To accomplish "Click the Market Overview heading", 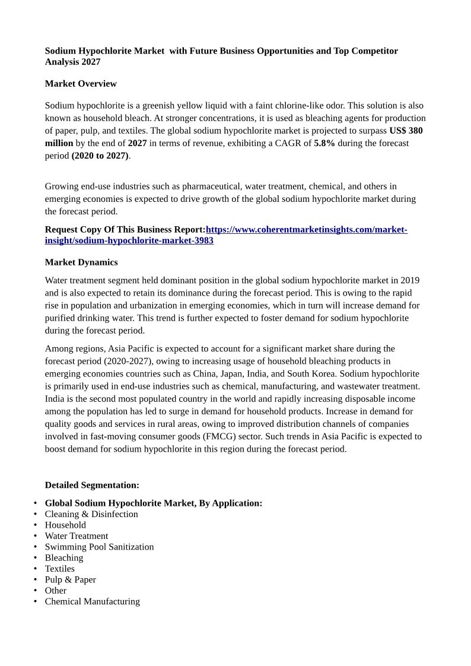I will point(81,84).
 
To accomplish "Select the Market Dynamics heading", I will point(81,262).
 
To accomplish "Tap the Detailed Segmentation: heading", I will point(92,485).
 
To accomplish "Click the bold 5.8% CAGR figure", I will point(324,143).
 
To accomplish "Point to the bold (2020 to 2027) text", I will point(100,156).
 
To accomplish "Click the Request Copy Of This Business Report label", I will point(125,230).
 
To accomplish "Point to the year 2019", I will point(410,280).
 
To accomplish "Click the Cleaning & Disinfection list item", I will point(91,514).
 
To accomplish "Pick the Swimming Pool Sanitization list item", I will point(99,547).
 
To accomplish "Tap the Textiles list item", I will point(60,569).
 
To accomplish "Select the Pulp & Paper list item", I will point(70,579).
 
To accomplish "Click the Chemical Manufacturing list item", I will point(93,601).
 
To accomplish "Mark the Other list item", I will point(56,591).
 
